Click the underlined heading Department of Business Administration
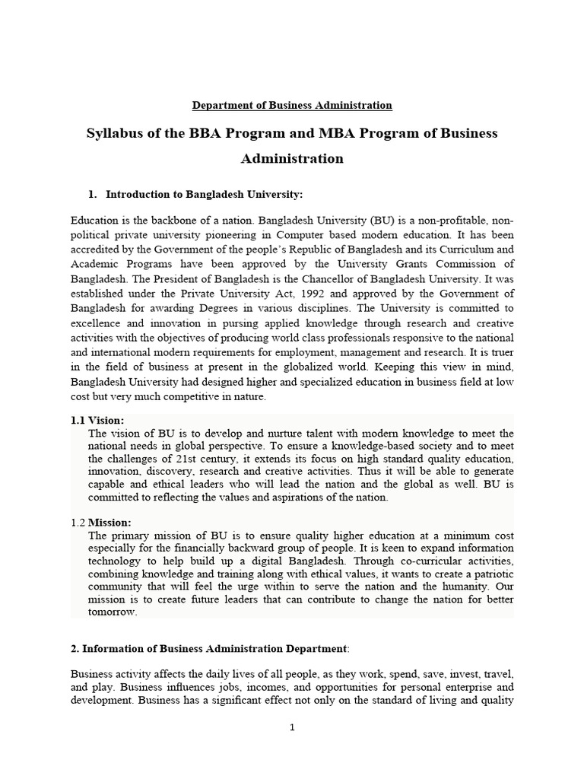click(292, 105)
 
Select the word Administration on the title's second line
click(292, 159)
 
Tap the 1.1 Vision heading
click(97, 420)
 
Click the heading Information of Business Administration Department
click(209, 648)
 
